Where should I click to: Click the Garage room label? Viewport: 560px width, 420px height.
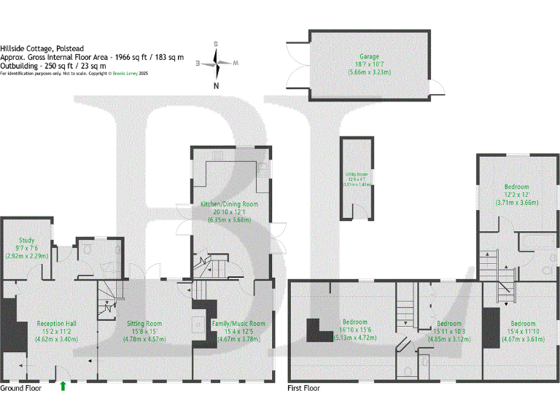369,56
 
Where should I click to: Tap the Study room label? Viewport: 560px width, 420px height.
26,240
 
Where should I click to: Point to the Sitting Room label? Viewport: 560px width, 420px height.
144,323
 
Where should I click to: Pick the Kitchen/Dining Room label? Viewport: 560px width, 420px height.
229,203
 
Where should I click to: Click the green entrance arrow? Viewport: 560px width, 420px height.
63,386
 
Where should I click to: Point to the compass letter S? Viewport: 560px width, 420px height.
217,44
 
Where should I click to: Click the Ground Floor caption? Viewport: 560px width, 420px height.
21,389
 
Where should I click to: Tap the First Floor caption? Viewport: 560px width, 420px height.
303,389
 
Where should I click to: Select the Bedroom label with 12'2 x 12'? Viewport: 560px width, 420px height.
518,187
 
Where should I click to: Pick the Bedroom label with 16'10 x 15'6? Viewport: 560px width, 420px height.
355,323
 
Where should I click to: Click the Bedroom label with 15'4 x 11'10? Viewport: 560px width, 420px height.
522,323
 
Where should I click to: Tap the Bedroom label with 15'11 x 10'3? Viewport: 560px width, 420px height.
448,323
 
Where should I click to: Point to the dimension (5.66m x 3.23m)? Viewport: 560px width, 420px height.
369,72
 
